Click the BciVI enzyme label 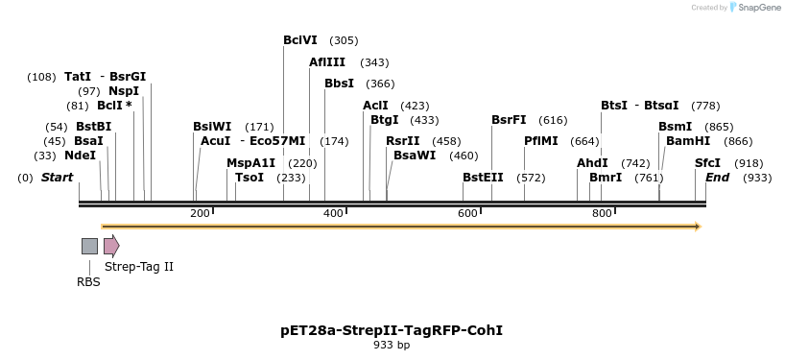coord(300,40)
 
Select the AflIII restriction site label coord(326,62)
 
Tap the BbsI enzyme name coord(339,84)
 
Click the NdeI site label coord(80,156)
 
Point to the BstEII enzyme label coord(483,178)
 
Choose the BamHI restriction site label coord(688,141)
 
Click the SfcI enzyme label coord(707,163)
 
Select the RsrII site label coord(402,141)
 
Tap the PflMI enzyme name coord(540,141)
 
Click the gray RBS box coord(89,246)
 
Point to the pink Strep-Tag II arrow coord(111,246)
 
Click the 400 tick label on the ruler coord(334,213)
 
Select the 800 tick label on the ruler coord(603,213)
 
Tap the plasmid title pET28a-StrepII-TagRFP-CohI coord(392,330)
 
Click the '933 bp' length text coord(392,346)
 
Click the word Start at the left coord(57,178)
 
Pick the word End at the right coord(717,178)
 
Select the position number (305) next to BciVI coord(344,40)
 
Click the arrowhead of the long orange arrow coord(698,227)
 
